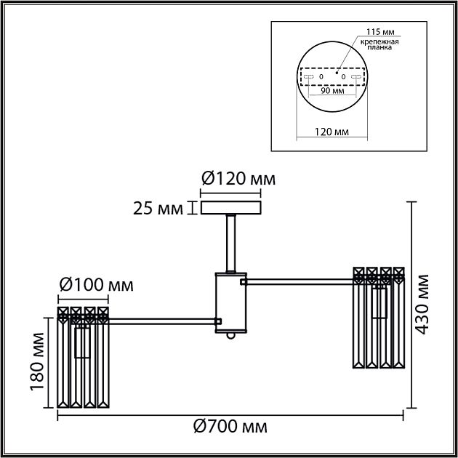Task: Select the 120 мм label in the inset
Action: pyautogui.click(x=331, y=132)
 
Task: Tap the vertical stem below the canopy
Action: pyautogui.click(x=230, y=244)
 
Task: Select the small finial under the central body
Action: pyautogui.click(x=230, y=337)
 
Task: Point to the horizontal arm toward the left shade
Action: pyautogui.click(x=164, y=320)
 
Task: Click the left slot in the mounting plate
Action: pyautogui.click(x=309, y=76)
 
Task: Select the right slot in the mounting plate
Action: pyautogui.click(x=355, y=76)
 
